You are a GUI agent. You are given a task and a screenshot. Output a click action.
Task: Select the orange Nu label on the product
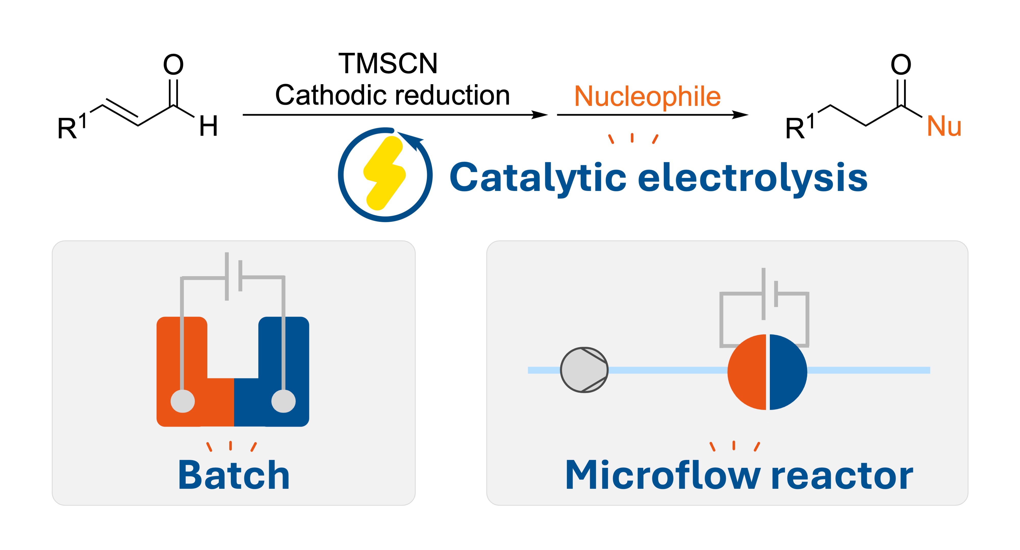(944, 127)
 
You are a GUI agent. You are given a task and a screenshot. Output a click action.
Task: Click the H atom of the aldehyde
(208, 126)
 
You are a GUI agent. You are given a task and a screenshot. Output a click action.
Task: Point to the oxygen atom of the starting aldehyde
(173, 65)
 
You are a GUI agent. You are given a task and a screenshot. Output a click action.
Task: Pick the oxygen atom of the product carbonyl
(901, 65)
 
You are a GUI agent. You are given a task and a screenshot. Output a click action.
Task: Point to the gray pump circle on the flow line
(584, 370)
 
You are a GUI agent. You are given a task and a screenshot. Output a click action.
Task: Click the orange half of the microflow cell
(748, 372)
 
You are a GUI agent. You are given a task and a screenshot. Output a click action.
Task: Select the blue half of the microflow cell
(787, 372)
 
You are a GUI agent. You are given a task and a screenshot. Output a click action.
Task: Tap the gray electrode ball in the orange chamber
(183, 401)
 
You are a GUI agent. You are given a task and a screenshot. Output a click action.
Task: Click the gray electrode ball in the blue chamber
(284, 401)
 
